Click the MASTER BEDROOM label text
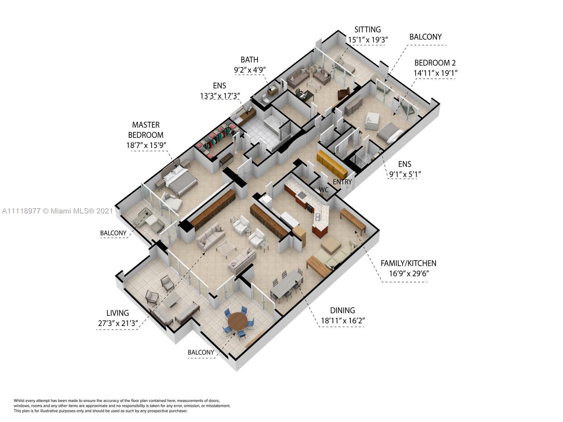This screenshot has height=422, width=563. (x=146, y=130)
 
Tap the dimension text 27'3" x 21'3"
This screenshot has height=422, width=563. (x=118, y=323)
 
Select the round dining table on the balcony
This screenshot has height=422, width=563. (x=238, y=321)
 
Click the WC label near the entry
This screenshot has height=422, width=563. (x=324, y=190)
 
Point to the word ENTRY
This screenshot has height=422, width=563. (x=342, y=182)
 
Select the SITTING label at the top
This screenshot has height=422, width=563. (x=367, y=30)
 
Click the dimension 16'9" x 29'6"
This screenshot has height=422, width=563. (x=408, y=274)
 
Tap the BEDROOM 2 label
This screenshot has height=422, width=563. (x=435, y=63)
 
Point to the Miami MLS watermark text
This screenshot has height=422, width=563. (x=57, y=211)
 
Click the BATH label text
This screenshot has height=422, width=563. (x=249, y=60)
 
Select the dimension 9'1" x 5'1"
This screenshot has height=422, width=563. (x=404, y=174)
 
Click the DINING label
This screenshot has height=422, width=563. (x=342, y=311)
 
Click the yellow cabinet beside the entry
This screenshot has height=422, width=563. (x=332, y=164)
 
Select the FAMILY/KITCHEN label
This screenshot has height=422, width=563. (x=408, y=263)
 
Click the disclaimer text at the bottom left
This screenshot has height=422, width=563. (x=122, y=405)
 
